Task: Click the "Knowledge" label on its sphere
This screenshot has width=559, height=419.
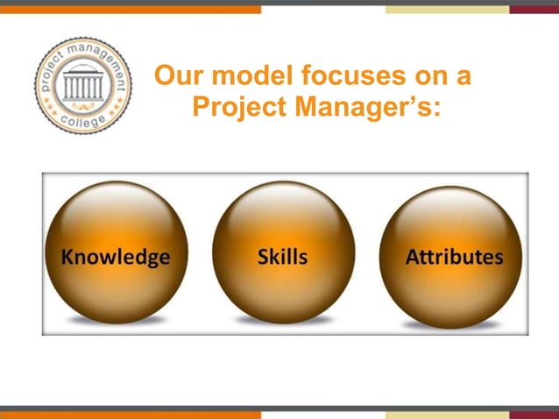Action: point(115,257)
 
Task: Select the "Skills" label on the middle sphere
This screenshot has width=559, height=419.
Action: point(282,257)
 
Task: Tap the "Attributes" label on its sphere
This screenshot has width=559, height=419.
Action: point(454,257)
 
